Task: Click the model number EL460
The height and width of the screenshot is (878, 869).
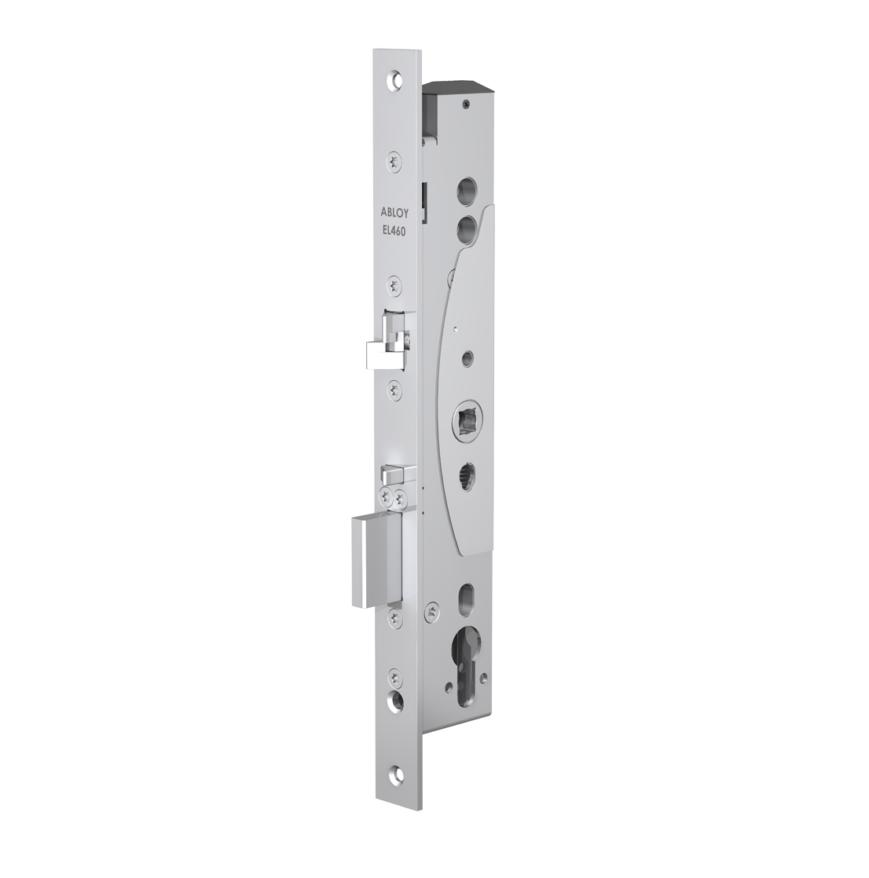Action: (x=394, y=233)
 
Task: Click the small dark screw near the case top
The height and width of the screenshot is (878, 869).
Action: (x=466, y=101)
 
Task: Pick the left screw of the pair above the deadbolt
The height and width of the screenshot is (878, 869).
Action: (x=385, y=496)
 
